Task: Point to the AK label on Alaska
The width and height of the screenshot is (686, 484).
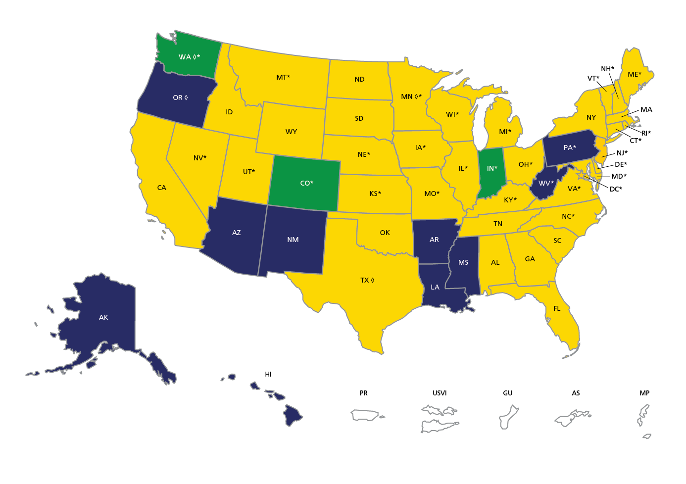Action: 103,317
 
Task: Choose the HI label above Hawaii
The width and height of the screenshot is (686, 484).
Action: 268,374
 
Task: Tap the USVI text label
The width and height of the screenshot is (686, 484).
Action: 440,393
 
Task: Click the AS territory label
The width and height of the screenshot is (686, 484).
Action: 576,393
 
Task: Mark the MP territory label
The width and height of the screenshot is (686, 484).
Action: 644,393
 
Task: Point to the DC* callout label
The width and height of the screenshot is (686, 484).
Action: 616,189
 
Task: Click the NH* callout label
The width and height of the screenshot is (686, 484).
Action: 607,69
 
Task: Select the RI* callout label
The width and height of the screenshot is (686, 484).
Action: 646,133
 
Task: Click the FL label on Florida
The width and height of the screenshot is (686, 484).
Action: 557,308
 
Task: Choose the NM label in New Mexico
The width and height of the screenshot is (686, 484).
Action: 293,240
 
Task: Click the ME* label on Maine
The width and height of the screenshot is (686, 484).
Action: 634,74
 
